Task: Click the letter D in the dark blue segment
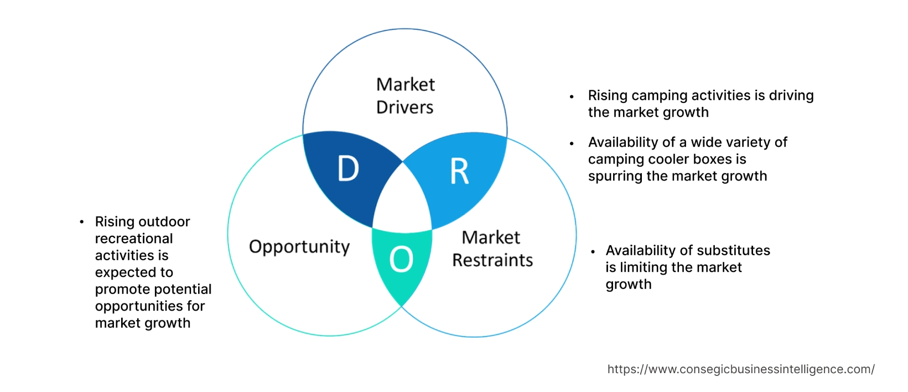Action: tap(348, 169)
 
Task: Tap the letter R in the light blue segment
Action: tap(459, 172)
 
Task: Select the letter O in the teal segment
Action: tap(401, 259)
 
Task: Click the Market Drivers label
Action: tap(405, 96)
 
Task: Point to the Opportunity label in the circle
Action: tap(299, 246)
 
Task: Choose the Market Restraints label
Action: tap(492, 249)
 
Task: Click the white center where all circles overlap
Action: tap(403, 199)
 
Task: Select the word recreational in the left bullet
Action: tap(134, 239)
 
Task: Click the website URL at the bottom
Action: tap(740, 369)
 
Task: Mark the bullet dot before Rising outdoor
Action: tap(82, 222)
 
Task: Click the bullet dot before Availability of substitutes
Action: tap(593, 251)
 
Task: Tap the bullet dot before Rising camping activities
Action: tap(572, 96)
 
